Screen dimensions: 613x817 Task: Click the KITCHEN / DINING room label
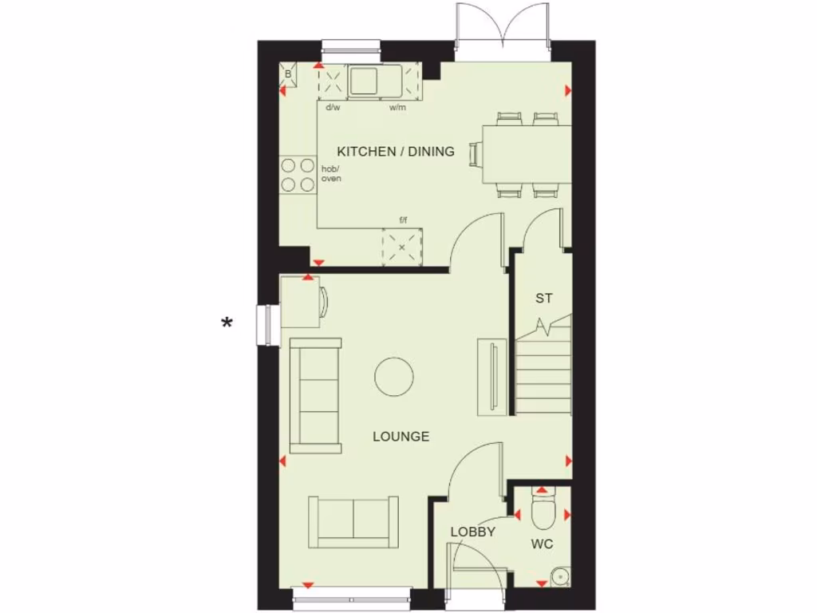(x=396, y=151)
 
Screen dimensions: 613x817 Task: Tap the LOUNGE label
(x=401, y=437)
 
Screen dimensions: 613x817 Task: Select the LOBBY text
(x=473, y=532)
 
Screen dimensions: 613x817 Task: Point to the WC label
(x=542, y=544)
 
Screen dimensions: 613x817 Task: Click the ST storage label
(x=543, y=299)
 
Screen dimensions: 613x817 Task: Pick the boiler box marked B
(x=288, y=74)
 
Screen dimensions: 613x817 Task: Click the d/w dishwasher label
(x=332, y=107)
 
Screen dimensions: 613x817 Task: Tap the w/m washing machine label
(x=397, y=107)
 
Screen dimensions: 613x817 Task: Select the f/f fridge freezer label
(x=404, y=220)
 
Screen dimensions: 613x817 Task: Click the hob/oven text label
(x=330, y=173)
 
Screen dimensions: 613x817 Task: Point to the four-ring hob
(x=298, y=175)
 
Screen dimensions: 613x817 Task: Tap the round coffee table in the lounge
(x=394, y=376)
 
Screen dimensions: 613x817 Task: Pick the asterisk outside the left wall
(x=227, y=323)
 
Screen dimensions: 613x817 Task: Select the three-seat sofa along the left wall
(x=315, y=395)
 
